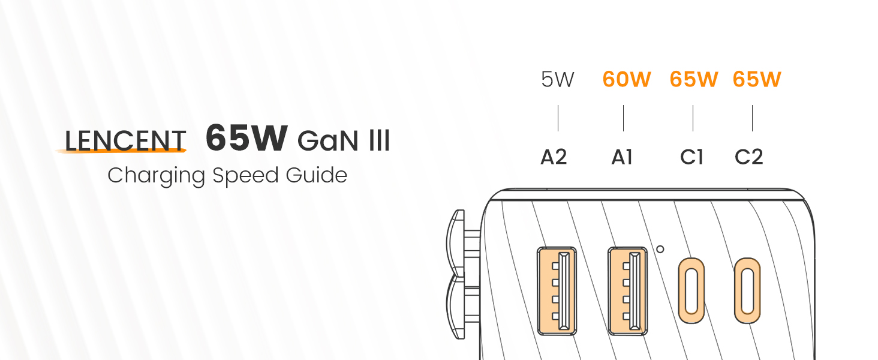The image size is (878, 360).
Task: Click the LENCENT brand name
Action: [x=125, y=141]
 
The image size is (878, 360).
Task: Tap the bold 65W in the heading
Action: [x=246, y=137]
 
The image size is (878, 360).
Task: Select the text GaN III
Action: [x=344, y=141]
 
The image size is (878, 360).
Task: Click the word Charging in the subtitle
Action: [x=156, y=176]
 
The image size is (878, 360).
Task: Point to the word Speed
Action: [x=245, y=176]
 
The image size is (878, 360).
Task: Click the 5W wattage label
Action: [x=557, y=79]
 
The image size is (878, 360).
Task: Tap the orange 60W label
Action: [x=627, y=79]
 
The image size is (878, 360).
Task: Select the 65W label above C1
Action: [x=694, y=79]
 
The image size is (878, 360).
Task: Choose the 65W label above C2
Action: [x=757, y=79]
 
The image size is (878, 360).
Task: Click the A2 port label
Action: [x=554, y=157]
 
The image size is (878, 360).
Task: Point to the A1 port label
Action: [x=622, y=157]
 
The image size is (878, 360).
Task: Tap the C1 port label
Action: [x=692, y=157]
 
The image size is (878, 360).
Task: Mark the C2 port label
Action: [x=748, y=157]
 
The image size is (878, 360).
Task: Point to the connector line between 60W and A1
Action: [x=623, y=118]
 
